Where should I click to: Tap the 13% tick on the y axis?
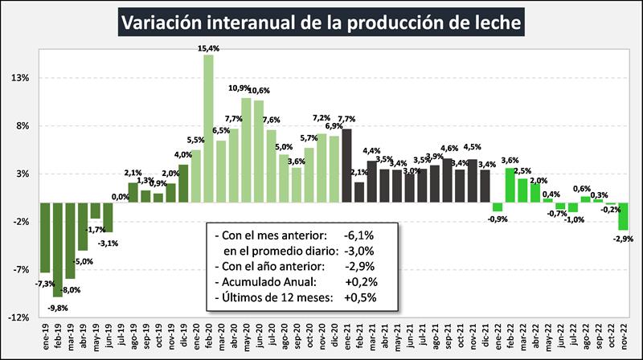(20, 79)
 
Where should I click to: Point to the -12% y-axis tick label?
(18, 317)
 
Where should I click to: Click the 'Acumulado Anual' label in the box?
(262, 282)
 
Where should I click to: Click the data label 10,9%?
(241, 88)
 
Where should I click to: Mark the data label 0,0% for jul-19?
(121, 196)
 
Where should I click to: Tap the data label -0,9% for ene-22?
(498, 219)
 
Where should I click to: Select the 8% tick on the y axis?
(22, 126)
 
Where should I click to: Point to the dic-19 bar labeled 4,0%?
(183, 183)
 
